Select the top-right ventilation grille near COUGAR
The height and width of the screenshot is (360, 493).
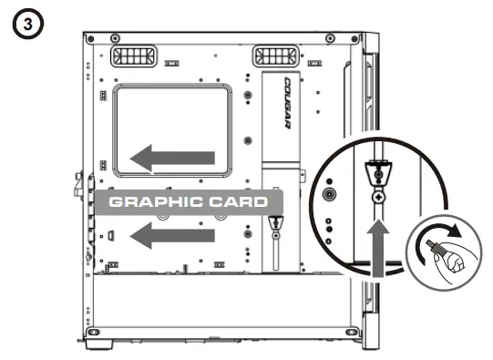272,57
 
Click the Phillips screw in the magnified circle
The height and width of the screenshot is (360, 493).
375,196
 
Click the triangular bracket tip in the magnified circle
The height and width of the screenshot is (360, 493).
375,171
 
